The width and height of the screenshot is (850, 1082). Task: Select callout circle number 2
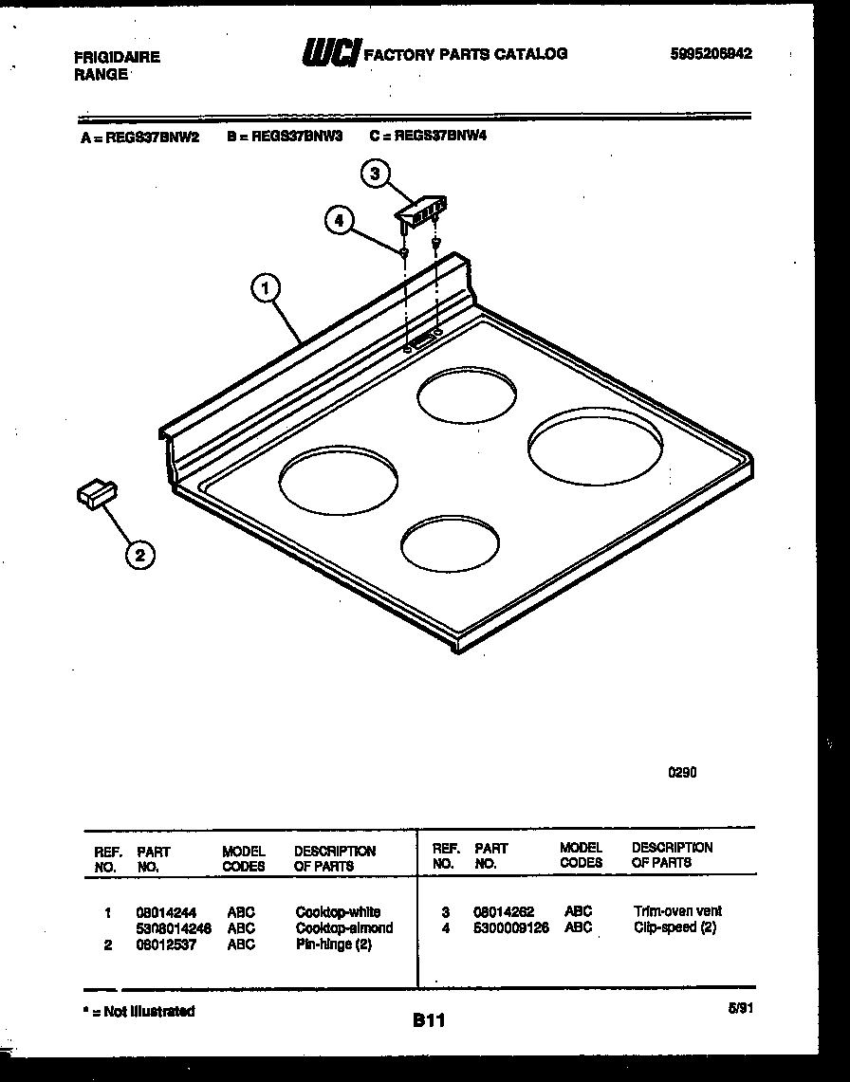coord(140,556)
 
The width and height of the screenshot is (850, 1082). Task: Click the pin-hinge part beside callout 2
coord(96,494)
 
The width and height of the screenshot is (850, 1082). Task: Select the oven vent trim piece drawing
coord(421,209)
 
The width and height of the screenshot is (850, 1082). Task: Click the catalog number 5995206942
coord(711,54)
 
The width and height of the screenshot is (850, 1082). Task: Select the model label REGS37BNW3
coord(284,136)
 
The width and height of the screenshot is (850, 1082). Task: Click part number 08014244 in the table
coord(167,912)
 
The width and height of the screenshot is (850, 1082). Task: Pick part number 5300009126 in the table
coord(511,927)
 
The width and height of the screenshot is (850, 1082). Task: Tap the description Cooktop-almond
coord(343,928)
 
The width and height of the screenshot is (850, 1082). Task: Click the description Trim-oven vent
coord(677,911)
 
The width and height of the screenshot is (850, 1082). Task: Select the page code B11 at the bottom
coord(430,1020)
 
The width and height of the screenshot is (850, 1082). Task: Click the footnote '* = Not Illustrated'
coord(139,1012)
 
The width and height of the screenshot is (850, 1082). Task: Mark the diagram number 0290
coord(683,773)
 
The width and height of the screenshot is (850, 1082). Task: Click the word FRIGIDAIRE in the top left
coord(117,57)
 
